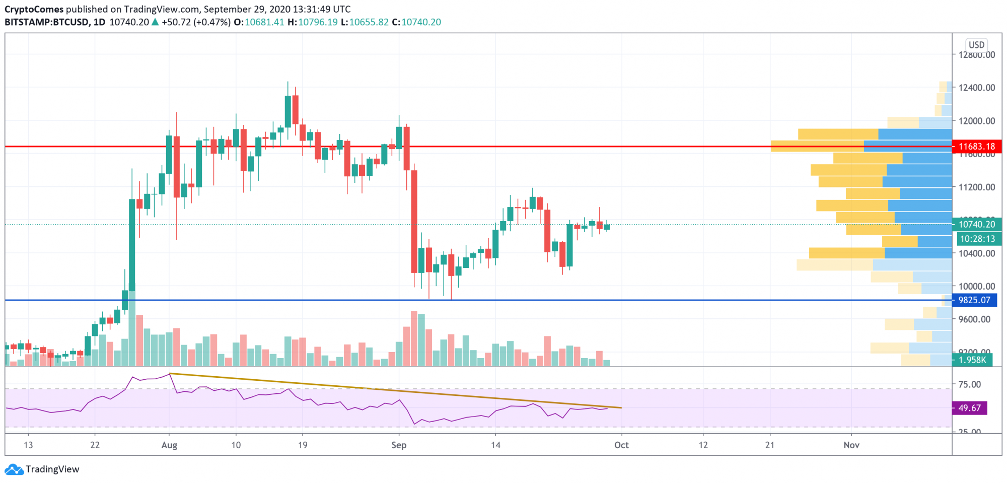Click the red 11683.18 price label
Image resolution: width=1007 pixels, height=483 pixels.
(x=976, y=147)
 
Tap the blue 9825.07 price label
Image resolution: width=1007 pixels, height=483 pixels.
(x=974, y=300)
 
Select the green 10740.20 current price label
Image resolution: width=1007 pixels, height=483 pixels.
(x=976, y=225)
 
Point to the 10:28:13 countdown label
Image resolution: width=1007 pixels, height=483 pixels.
(x=977, y=239)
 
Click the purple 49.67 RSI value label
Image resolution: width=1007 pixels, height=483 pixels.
(x=969, y=408)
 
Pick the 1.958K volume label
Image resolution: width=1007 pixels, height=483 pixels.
(x=972, y=360)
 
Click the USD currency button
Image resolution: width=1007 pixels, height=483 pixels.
(x=976, y=45)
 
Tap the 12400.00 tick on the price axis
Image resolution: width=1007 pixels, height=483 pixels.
(x=976, y=88)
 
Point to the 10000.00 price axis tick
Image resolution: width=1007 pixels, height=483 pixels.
(x=976, y=286)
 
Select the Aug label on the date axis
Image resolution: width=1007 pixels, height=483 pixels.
(x=169, y=445)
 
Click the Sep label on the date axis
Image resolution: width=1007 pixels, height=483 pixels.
(x=399, y=445)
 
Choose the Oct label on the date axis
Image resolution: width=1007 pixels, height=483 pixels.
(x=621, y=445)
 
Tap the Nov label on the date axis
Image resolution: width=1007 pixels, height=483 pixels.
(x=851, y=445)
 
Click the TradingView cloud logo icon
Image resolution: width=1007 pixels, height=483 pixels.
(x=14, y=469)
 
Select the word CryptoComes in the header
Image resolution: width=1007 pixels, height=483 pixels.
(x=34, y=9)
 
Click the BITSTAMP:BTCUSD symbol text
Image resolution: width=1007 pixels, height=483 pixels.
(x=47, y=22)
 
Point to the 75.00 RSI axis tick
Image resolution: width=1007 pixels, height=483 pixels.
(x=969, y=384)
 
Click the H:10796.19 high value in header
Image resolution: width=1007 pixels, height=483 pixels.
(x=313, y=22)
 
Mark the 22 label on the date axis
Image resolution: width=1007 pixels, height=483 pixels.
(x=95, y=445)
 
